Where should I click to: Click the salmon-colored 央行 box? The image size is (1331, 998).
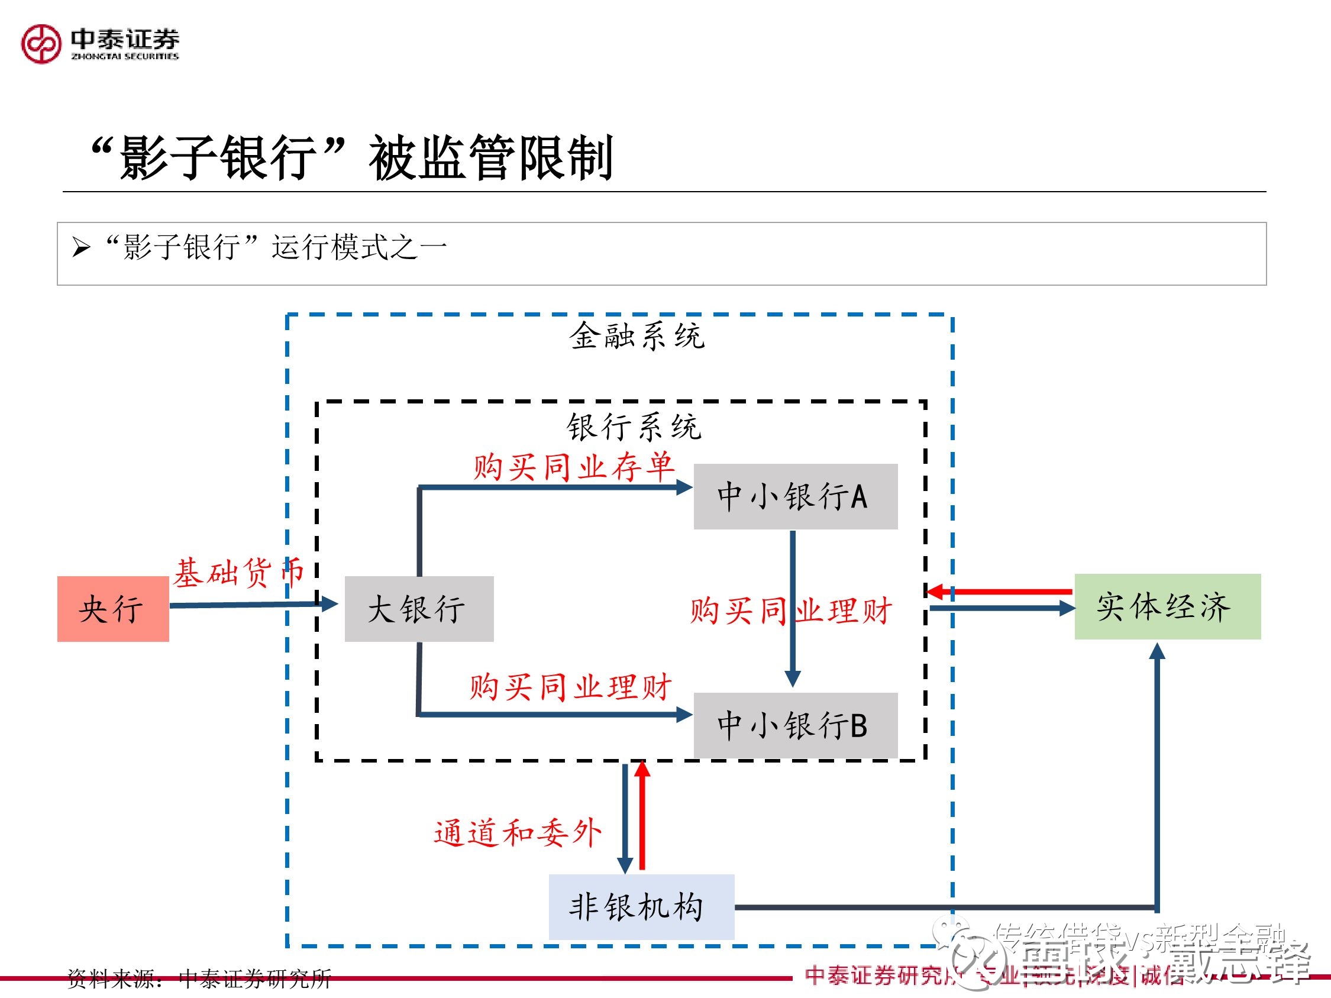point(112,609)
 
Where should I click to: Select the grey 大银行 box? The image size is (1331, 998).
point(419,609)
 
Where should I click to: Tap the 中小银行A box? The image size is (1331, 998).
point(795,496)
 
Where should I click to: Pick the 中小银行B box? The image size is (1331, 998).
point(795,725)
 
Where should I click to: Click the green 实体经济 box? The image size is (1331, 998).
point(1167,606)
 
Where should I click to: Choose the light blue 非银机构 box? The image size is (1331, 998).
point(641,906)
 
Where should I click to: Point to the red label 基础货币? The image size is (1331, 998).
point(238,572)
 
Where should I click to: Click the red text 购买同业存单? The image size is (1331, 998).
point(573,467)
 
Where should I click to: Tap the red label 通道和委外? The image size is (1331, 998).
point(518,833)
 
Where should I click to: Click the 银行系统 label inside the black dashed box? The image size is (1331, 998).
point(634,427)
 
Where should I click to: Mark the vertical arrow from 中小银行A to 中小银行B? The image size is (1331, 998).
point(793,608)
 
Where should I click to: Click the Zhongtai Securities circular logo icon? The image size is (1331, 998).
point(41,43)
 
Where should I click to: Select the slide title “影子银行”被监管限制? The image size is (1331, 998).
point(351,157)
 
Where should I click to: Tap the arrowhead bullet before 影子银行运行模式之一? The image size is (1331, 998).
point(81,247)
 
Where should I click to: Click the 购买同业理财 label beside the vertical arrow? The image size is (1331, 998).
point(791,611)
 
